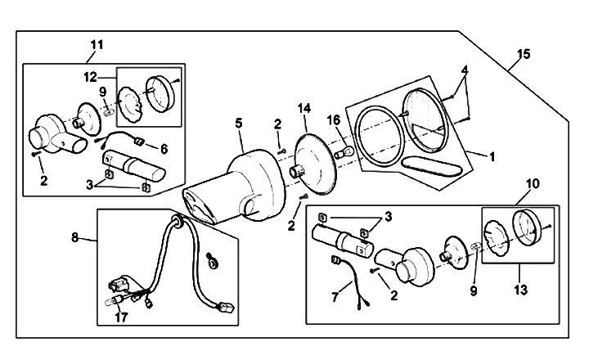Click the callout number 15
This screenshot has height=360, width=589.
(x=524, y=54)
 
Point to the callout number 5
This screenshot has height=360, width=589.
(x=239, y=123)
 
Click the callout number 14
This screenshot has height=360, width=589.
(x=305, y=108)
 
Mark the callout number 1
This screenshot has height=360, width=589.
(x=492, y=154)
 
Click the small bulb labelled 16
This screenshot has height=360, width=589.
(x=345, y=151)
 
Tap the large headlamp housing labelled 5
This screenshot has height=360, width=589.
(x=237, y=184)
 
